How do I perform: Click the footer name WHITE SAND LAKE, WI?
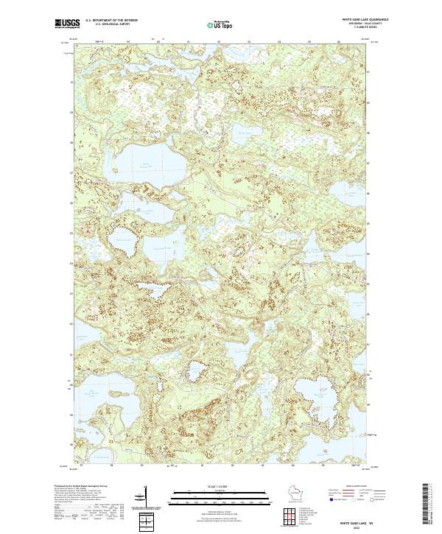(x=358, y=518)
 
